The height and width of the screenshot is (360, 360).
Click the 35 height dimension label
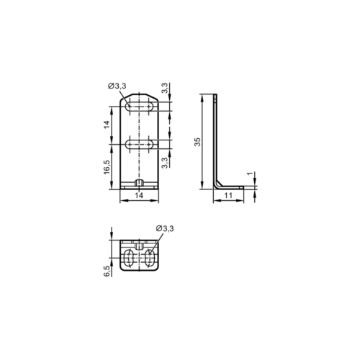tap(197, 142)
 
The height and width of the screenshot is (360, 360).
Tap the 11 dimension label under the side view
tap(228, 195)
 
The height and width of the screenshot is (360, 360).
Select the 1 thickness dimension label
tap(251, 174)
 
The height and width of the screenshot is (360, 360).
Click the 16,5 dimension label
tap(107, 167)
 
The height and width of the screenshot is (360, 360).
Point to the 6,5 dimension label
tap(107, 271)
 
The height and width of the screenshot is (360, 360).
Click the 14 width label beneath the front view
tap(139, 195)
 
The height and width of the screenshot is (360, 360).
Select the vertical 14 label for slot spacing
tap(107, 125)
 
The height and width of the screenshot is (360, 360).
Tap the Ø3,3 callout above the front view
tap(117, 86)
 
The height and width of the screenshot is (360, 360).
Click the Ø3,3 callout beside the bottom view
tap(165, 228)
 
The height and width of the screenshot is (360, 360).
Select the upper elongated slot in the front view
tap(140, 107)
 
